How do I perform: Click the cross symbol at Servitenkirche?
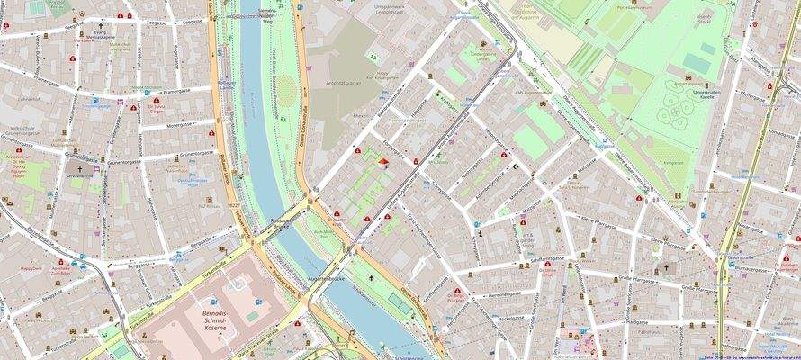coord(79,167)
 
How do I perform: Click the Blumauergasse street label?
coord(751,267)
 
